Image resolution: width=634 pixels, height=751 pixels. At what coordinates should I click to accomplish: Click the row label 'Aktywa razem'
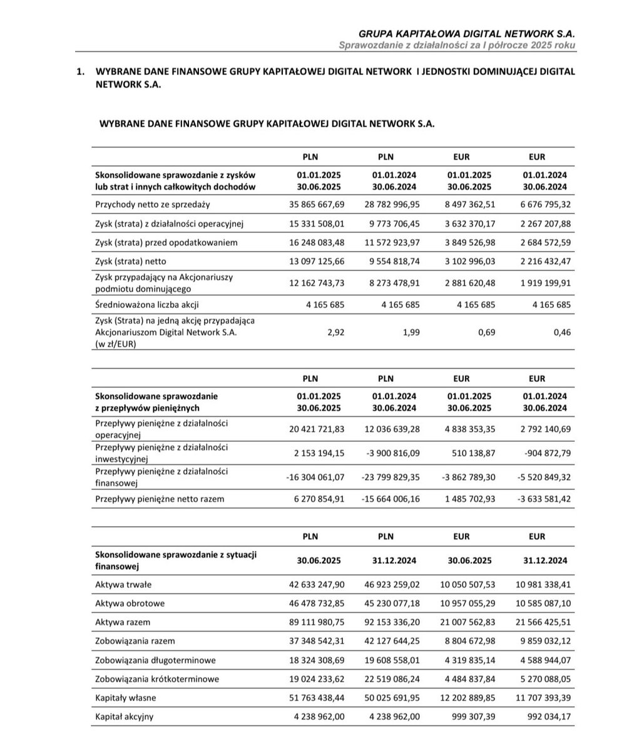123,623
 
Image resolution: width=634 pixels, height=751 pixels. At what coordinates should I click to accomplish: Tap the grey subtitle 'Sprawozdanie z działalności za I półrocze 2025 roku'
457,45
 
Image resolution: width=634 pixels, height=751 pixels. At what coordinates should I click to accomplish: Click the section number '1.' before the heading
80,72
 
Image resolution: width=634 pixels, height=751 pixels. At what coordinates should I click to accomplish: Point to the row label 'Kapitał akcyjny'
124,717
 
